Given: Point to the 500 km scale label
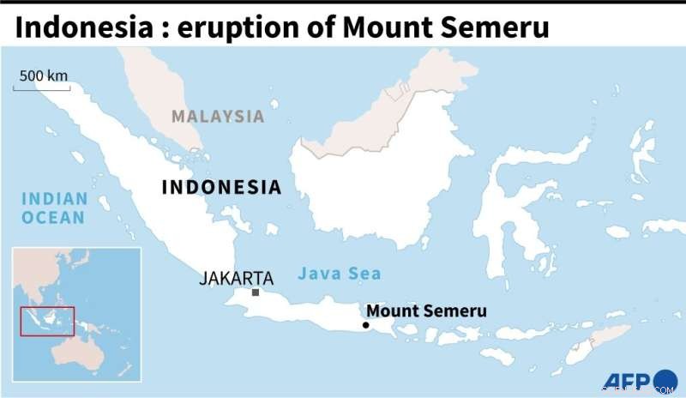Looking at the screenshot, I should point(43,75).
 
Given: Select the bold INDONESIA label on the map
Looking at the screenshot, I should point(221,186).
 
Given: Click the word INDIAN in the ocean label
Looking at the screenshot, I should point(54,198).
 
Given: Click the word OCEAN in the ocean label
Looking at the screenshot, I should point(54,217).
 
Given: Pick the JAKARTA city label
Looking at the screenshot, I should point(236,278).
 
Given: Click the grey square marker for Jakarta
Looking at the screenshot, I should point(256,292).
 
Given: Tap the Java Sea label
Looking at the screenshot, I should point(340,274).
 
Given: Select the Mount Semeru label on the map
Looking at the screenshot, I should point(426,311).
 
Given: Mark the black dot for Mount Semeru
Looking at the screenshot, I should point(366,325).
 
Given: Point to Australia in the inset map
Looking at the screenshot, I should point(81,360).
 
